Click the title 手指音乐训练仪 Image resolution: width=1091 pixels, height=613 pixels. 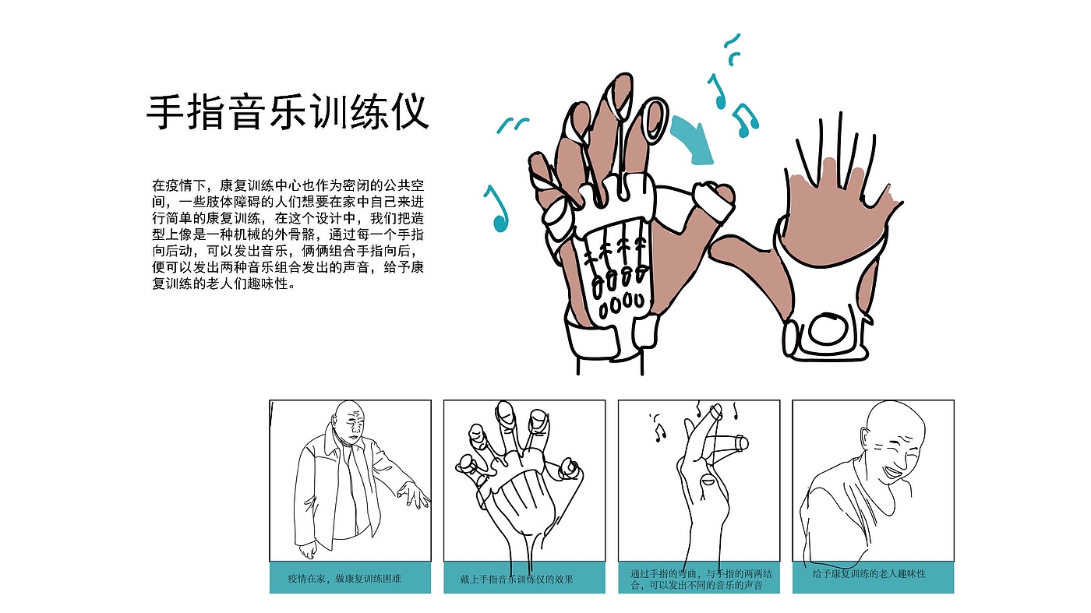(288, 112)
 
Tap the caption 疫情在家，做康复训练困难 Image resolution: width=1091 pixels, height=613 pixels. (344, 579)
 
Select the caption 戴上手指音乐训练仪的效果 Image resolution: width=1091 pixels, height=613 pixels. (517, 579)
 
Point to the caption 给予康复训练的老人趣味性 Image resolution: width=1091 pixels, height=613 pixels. (869, 573)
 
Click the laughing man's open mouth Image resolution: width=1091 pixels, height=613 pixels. (895, 473)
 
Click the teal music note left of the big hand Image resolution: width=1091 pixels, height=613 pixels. (497, 209)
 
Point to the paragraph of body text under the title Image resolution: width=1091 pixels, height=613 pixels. (288, 234)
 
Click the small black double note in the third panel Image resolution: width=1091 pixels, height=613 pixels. (660, 432)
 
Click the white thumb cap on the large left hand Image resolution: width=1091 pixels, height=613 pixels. (713, 201)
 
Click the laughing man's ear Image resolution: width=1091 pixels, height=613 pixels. (866, 438)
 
